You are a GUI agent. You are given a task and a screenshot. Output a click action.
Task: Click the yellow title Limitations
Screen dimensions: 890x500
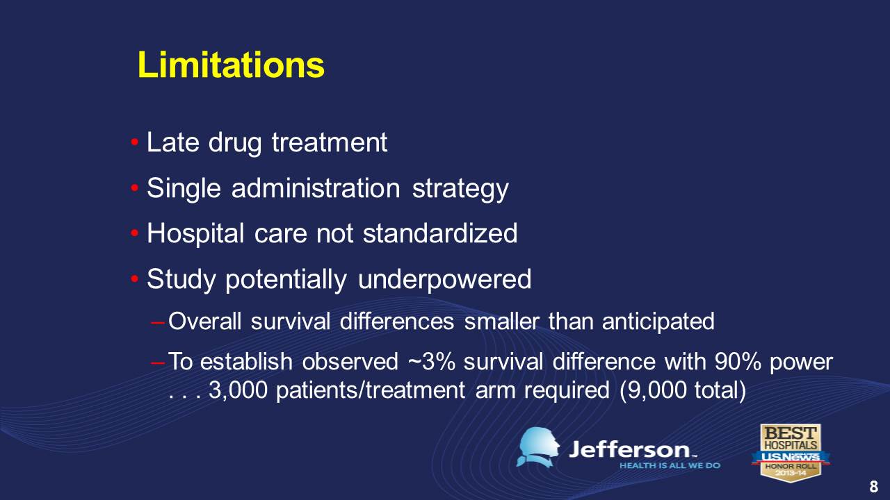231,65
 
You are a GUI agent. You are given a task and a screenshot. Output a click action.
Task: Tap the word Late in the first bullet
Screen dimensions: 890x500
173,142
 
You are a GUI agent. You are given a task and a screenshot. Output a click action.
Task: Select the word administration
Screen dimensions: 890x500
316,187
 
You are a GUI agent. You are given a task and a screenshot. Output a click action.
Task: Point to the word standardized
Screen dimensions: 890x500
440,233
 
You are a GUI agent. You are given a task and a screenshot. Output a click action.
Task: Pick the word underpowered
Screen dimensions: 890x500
444,280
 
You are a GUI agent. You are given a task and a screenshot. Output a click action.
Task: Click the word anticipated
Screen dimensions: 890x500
658,322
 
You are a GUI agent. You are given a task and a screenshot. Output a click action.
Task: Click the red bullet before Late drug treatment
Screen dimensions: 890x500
135,142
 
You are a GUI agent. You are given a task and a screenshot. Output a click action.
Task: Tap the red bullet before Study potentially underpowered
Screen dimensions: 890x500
135,279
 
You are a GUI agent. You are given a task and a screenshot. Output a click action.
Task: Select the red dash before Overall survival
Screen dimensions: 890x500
158,323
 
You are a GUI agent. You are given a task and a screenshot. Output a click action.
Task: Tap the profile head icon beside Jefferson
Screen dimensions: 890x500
538,447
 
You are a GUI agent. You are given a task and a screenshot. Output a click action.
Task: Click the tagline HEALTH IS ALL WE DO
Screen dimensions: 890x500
670,465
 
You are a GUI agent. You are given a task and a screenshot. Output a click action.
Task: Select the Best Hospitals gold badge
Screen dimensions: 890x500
791,453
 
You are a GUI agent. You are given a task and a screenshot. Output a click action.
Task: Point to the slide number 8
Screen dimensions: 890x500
874,486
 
